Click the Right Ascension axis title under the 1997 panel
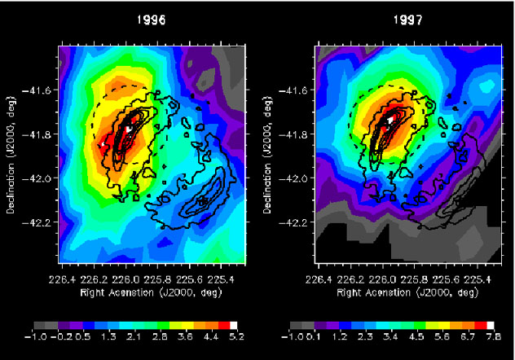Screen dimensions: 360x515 pyautogui.click(x=399, y=288)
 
